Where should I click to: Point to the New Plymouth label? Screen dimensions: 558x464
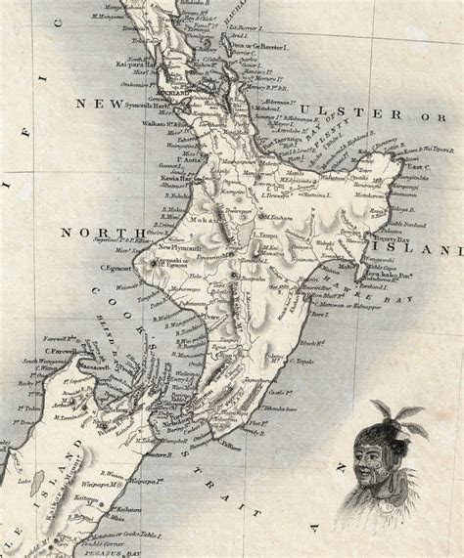[182, 248]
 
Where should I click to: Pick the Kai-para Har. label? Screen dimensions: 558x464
[136, 64]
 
